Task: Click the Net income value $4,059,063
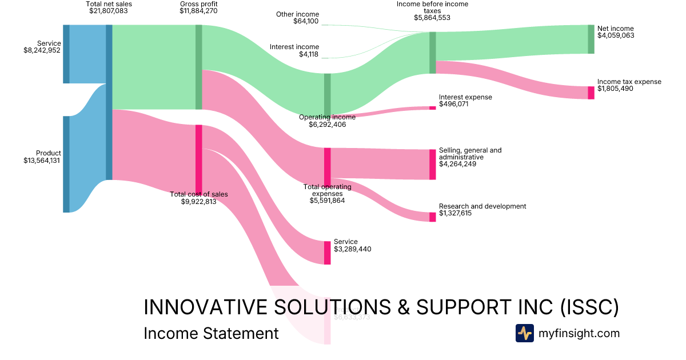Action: [616, 35]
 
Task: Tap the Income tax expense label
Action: [629, 82]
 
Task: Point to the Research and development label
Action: [482, 206]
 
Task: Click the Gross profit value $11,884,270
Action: [198, 11]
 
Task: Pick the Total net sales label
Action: [109, 4]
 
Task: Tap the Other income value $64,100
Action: [306, 22]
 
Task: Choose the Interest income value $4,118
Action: [309, 55]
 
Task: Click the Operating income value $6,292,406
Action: [327, 125]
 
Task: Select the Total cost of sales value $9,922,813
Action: [198, 202]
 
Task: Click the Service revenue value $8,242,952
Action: [38, 50]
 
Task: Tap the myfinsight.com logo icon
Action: [524, 333]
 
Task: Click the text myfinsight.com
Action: [579, 333]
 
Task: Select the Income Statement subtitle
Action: [211, 333]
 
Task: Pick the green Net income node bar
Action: [591, 39]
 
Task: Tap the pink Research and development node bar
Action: [432, 217]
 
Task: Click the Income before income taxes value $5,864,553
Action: [432, 18]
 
